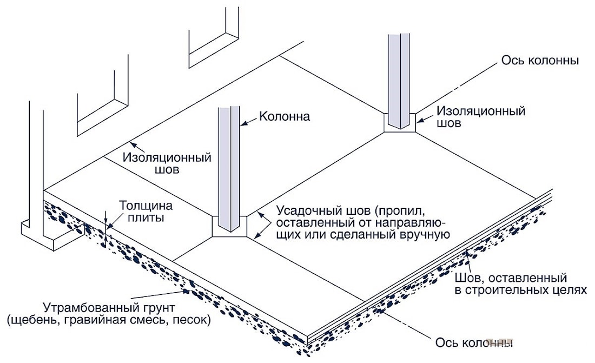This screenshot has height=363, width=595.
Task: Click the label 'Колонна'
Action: tap(285, 116)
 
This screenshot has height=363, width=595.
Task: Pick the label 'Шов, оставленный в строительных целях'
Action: tap(520, 284)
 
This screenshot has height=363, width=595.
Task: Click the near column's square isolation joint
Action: tap(230, 227)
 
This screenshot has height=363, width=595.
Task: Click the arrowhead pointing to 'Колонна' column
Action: tap(242, 123)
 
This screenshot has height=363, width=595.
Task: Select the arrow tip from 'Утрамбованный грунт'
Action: tap(189, 292)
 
